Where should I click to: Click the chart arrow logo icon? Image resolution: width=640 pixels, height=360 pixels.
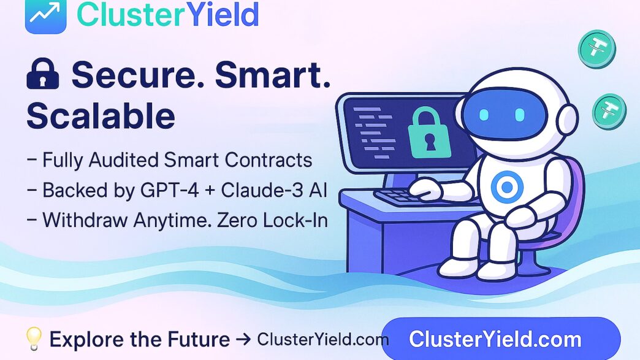[46, 15]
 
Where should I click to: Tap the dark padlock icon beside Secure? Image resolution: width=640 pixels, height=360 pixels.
[42, 74]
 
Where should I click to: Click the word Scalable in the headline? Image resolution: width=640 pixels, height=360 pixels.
[101, 116]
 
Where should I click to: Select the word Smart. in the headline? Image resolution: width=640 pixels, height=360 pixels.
[273, 74]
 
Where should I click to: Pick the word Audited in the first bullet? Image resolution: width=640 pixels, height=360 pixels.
[124, 159]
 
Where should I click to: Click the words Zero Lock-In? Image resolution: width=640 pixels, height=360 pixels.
[272, 220]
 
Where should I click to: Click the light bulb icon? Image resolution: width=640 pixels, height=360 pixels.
[34, 339]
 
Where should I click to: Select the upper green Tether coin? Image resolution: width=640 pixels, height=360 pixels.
[596, 49]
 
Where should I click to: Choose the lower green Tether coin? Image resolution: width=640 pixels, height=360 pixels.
[609, 112]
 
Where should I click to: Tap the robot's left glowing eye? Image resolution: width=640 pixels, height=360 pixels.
[484, 115]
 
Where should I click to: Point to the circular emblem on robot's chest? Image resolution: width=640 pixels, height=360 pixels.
[507, 187]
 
